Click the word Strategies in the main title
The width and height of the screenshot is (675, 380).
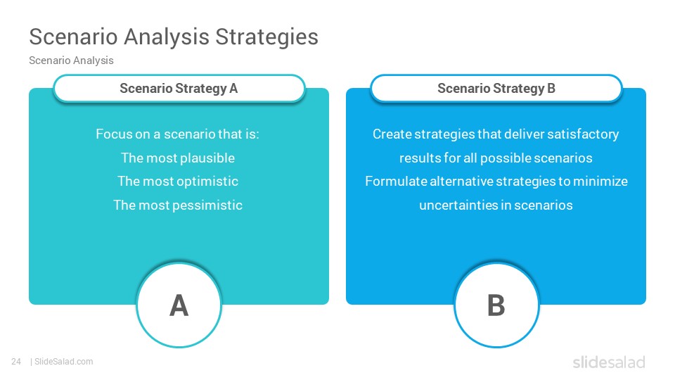[x=266, y=37]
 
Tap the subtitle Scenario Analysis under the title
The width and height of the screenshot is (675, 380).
[x=71, y=61]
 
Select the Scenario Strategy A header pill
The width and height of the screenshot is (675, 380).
[x=179, y=89]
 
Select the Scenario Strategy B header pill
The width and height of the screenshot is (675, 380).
[x=496, y=89]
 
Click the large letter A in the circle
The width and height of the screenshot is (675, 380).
[x=179, y=305]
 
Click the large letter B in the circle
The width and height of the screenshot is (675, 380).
[x=496, y=305]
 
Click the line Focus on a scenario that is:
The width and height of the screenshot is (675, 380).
[x=177, y=134]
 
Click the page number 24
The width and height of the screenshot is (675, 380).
[x=16, y=362]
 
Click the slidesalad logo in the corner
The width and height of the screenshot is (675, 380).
[x=609, y=362]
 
